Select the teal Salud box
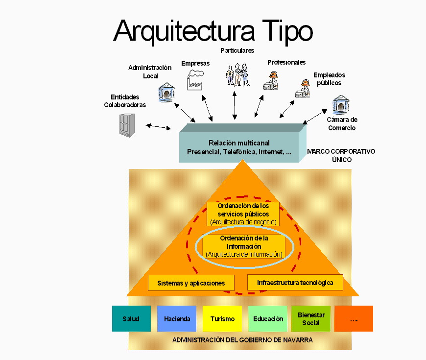pos(131,319)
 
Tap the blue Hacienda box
pos(177,319)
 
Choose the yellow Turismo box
pos(222,319)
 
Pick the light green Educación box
pos(268,319)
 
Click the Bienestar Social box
pos(311,319)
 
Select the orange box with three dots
pos(354,319)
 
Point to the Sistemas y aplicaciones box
pos(191,283)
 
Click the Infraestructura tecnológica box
pos(295,283)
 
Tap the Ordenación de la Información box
pos(244,246)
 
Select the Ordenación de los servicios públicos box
pos(243,214)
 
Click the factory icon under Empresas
pos(194,80)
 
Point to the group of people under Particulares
pos(237,74)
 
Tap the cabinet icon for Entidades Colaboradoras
pos(126,125)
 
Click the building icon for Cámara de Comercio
pos(341,105)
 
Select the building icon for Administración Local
pos(166,92)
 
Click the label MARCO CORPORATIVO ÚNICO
pos(341,155)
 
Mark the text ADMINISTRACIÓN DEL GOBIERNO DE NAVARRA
pos(242,340)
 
